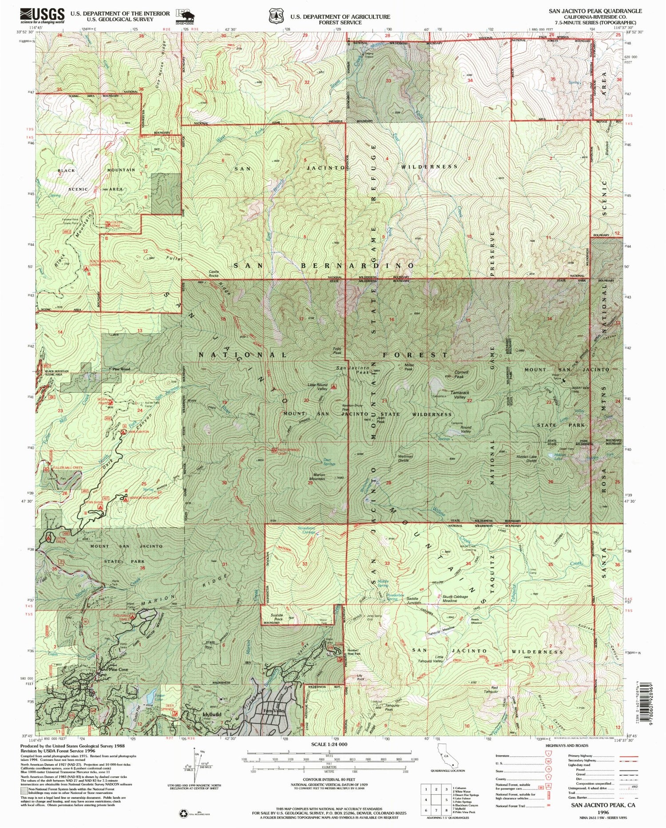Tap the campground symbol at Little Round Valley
pos(333,387)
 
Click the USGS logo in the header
pos(43,16)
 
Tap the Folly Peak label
pos(337,351)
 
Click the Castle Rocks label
pos(214,274)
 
